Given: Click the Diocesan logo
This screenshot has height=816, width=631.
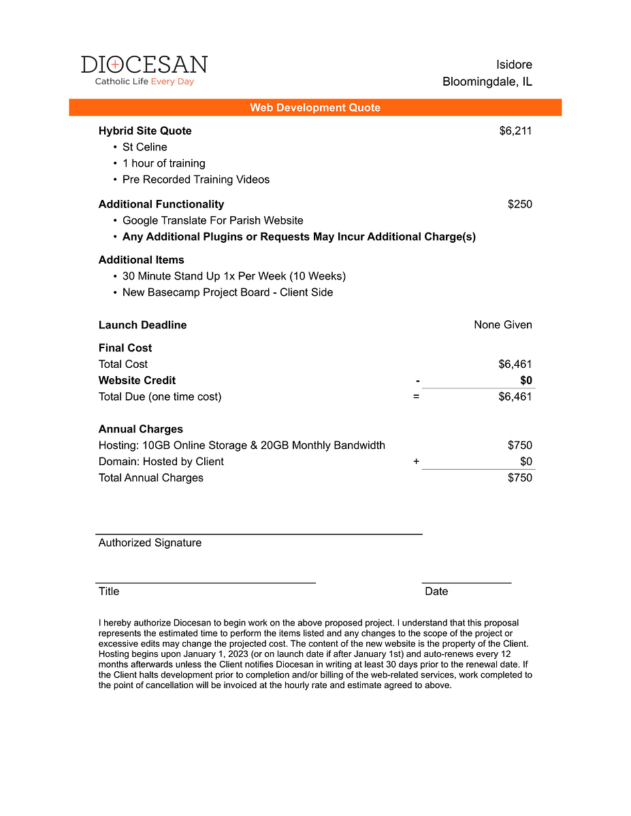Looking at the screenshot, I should [144, 70].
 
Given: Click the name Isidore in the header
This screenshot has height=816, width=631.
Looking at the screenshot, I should [514, 65].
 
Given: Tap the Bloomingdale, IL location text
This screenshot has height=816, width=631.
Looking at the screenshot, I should [487, 82].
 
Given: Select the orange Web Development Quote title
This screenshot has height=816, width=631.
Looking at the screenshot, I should [315, 107].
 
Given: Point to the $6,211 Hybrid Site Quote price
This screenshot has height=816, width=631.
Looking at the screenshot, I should [515, 131].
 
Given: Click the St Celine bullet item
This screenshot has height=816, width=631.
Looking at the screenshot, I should [144, 147].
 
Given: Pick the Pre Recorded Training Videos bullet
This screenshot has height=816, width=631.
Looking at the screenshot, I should [196, 180].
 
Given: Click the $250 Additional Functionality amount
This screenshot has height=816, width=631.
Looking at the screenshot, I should [520, 204].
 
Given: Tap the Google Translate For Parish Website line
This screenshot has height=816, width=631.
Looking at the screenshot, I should [213, 220].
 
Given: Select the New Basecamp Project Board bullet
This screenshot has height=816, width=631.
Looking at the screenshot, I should [228, 292].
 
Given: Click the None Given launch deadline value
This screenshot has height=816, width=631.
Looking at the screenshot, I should [503, 325].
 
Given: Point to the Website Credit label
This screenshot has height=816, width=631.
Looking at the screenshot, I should [137, 380].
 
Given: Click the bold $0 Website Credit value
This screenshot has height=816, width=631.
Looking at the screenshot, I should [526, 380].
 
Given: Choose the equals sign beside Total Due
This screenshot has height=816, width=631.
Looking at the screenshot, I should [417, 396].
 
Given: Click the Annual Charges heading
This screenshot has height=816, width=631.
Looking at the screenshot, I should [141, 429].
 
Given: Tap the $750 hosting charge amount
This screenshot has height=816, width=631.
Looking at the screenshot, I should [520, 445].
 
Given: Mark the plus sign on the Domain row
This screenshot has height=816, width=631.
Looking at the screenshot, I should [417, 462].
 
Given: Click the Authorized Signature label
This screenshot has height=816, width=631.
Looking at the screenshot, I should [150, 543].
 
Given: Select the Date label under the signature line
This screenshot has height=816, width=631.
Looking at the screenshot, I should [436, 592].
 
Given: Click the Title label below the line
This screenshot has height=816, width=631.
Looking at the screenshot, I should [109, 592].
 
